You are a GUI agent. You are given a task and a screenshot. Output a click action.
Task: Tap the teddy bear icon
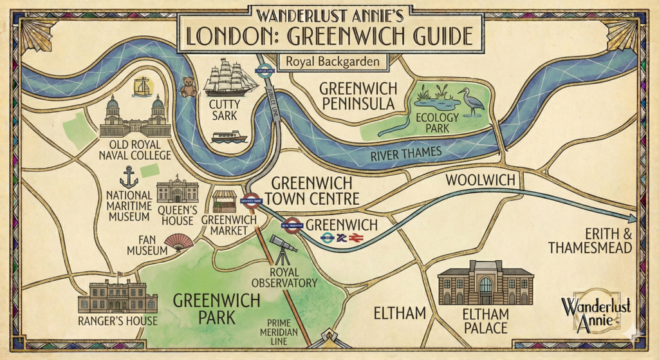(189, 86)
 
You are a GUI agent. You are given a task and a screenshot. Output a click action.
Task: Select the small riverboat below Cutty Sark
(229, 137)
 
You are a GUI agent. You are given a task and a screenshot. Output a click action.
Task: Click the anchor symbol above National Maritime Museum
(129, 176)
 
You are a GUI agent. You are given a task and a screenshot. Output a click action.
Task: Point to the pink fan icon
(179, 242)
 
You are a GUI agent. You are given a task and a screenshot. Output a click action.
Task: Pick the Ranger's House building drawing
(117, 296)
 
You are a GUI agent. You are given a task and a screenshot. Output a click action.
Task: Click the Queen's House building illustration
(177, 191)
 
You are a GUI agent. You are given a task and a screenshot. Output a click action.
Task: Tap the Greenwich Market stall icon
(225, 202)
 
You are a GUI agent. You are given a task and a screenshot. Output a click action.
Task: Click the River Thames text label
(405, 153)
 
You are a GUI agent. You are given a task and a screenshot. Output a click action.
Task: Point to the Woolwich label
(481, 181)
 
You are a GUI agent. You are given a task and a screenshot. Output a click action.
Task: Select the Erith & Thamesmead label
(590, 241)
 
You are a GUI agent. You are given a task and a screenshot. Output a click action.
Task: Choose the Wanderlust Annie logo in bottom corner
(595, 313)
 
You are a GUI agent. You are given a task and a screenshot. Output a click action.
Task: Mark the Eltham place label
(400, 313)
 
